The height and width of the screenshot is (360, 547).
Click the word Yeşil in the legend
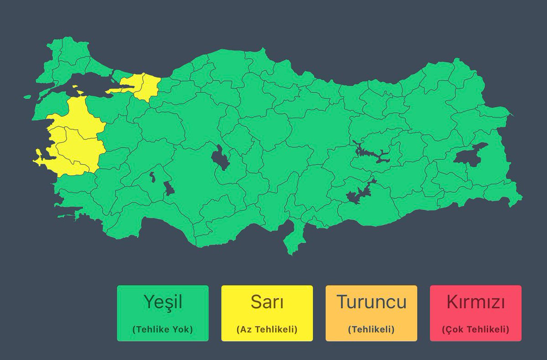point(163,302)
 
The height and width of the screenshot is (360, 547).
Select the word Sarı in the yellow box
point(267,302)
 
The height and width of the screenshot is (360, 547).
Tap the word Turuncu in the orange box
point(371,302)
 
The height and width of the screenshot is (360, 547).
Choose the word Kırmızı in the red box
point(475,302)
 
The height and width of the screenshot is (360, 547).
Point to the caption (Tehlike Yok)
point(163,329)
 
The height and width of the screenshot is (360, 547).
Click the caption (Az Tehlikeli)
point(267,329)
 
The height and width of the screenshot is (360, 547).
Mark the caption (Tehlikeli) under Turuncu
point(371,329)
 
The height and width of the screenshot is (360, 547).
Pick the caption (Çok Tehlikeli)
point(475,329)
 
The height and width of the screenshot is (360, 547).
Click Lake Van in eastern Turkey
point(470,154)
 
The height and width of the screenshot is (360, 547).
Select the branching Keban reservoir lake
point(372,153)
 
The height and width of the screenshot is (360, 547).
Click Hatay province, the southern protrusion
point(292,239)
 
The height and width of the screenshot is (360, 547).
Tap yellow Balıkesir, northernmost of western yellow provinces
point(80,114)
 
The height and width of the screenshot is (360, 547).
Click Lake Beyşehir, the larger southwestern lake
point(168,188)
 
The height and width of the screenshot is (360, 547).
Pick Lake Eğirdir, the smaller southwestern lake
point(152,177)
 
